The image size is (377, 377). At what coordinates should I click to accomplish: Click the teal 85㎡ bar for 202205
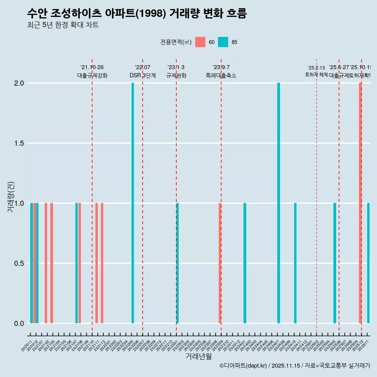pyautogui.click(x=133, y=203)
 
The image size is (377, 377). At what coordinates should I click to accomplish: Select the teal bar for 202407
pyautogui.click(x=278, y=203)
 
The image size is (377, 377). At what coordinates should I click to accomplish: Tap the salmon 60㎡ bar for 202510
pyautogui.click(x=360, y=203)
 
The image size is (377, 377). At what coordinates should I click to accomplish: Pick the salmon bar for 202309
pyautogui.click(x=220, y=263)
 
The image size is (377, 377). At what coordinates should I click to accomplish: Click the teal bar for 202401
pyautogui.click(x=245, y=263)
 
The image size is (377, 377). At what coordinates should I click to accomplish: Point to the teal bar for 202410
pyautogui.click(x=295, y=263)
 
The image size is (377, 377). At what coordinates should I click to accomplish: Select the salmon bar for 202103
pyautogui.click(x=51, y=263)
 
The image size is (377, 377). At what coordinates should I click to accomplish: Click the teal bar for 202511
pyautogui.click(x=368, y=263)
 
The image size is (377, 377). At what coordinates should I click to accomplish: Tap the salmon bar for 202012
pyautogui.click(x=35, y=263)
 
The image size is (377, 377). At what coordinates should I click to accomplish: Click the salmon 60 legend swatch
pyautogui.click(x=200, y=42)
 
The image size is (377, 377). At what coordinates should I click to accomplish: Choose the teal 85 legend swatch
pyautogui.click(x=223, y=42)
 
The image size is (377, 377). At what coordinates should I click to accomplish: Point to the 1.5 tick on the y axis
pyautogui.click(x=19, y=143)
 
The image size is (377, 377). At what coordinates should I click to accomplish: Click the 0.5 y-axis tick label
pyautogui.click(x=19, y=264)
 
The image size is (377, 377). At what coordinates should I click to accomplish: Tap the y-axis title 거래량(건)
pyautogui.click(x=11, y=203)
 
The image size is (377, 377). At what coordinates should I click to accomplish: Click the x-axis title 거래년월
pyautogui.click(x=198, y=357)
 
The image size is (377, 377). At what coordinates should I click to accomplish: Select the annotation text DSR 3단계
pyautogui.click(x=143, y=75)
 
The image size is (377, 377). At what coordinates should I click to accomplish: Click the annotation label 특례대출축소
pyautogui.click(x=221, y=75)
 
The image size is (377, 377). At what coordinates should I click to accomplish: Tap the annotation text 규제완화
pyautogui.click(x=176, y=75)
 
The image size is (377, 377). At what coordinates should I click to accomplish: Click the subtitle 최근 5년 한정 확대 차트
pyautogui.click(x=63, y=25)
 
